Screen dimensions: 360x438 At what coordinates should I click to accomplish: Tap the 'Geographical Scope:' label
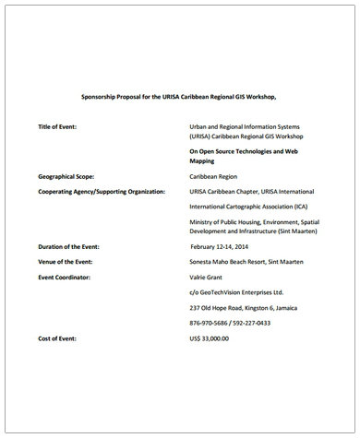(71, 173)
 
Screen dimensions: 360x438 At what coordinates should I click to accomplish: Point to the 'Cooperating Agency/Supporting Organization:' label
(102, 191)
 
